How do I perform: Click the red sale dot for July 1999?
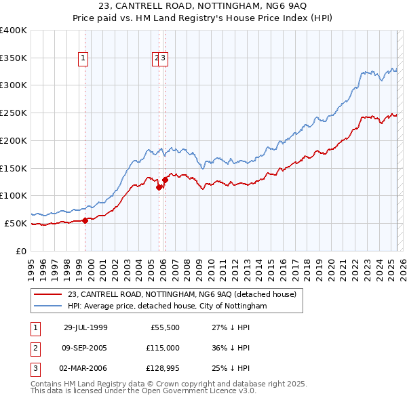coord(85,220)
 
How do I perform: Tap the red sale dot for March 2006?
coord(165,180)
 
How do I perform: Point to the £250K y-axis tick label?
coord(14,113)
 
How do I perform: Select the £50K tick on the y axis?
coord(16,223)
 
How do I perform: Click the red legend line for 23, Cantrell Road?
coord(47,295)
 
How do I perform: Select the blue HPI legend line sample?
coord(47,306)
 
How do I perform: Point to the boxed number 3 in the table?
coord(35,369)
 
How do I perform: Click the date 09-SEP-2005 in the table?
coord(85,348)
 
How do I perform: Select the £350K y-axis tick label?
coord(14,58)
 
